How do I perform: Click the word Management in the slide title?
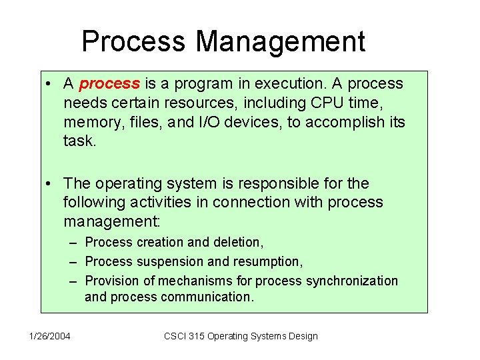point(280,41)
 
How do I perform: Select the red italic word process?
point(109,84)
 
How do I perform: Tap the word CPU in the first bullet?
point(329,103)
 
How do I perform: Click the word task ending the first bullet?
point(79,142)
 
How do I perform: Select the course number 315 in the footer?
point(195,336)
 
